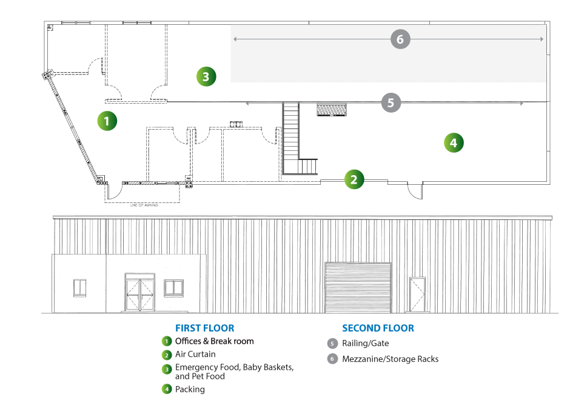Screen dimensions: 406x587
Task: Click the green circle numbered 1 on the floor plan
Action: pos(107,121)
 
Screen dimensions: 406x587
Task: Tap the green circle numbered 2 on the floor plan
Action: pos(354,179)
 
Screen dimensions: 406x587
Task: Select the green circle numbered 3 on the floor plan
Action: pos(206,76)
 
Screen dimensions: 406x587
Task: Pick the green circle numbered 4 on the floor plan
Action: pos(454,143)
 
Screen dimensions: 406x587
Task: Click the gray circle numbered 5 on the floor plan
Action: pos(391,103)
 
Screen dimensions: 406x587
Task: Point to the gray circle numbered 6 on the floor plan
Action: pos(400,39)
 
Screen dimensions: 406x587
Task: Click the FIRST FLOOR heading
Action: pos(204,328)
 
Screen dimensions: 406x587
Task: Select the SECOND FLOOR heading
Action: pos(378,328)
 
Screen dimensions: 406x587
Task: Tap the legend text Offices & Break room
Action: pos(214,341)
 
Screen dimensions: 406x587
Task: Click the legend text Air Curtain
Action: pos(195,354)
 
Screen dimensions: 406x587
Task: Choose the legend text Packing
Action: pos(190,390)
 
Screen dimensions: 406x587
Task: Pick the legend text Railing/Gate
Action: pos(366,344)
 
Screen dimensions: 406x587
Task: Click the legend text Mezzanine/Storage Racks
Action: pos(390,359)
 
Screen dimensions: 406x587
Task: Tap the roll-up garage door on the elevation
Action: pos(358,287)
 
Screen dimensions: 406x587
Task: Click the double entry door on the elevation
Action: pos(139,292)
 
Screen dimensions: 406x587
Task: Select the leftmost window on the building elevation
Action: pos(80,287)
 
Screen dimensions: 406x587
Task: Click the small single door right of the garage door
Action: pos(418,294)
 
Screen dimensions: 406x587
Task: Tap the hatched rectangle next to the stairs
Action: pos(332,110)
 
